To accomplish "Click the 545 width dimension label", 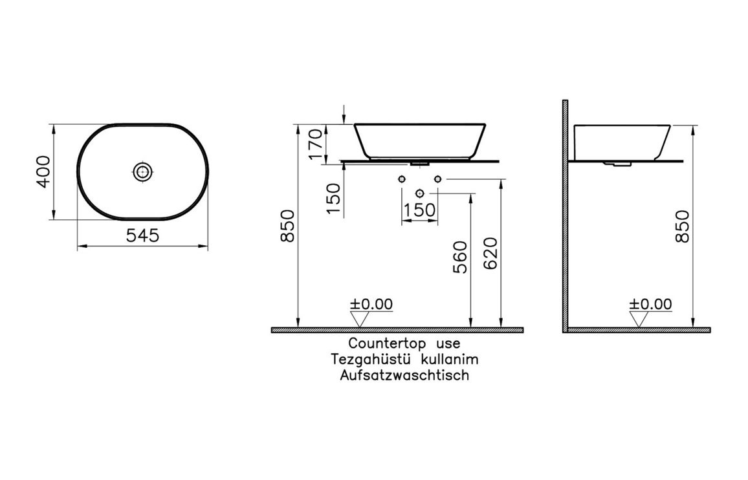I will pos(142,235).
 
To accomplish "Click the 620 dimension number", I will pos(490,253).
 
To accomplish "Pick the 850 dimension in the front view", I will pos(287,226).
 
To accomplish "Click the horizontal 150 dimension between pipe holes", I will pos(419,211).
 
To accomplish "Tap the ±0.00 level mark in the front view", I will pos(371,304).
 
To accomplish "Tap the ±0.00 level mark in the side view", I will pos(651,304).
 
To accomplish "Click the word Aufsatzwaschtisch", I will pos(404,375).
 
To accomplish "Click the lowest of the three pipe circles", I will pos(420,193).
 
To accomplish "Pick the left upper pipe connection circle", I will pos(402,179).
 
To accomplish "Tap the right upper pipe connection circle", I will pos(438,179).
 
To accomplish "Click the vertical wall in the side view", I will pos(565,213).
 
